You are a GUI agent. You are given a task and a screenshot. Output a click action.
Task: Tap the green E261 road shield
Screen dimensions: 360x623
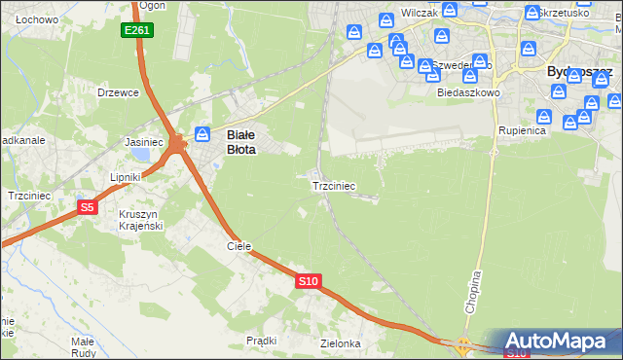136,31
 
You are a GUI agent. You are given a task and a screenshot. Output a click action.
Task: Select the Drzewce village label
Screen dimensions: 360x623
119,92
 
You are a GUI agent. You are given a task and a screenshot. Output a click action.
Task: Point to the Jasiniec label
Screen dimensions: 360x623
144,142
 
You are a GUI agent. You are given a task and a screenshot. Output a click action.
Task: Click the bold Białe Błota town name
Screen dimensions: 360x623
240,143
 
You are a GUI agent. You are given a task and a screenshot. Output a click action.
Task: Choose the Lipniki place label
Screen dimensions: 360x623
126,177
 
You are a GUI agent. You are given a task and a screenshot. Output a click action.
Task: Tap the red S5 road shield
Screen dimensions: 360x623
88,207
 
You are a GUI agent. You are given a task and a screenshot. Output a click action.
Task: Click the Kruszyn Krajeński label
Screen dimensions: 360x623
140,220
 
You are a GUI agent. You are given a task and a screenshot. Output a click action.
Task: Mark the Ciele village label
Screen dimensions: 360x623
239,247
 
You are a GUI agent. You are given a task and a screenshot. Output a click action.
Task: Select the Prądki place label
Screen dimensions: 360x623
262,341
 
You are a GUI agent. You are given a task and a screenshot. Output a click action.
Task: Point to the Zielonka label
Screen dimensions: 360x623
341,343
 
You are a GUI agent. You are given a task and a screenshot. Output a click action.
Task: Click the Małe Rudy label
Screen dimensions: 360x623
82,347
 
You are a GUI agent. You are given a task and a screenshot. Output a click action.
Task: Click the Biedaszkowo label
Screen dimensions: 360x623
468,92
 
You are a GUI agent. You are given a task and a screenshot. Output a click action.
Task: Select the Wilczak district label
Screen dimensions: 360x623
418,16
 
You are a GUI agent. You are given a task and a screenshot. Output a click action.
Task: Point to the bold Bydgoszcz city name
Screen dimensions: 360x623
579,72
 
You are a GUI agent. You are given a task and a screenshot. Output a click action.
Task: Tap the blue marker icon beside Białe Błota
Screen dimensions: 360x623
202,133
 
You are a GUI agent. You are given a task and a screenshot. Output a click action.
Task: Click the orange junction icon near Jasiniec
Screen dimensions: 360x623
177,144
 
